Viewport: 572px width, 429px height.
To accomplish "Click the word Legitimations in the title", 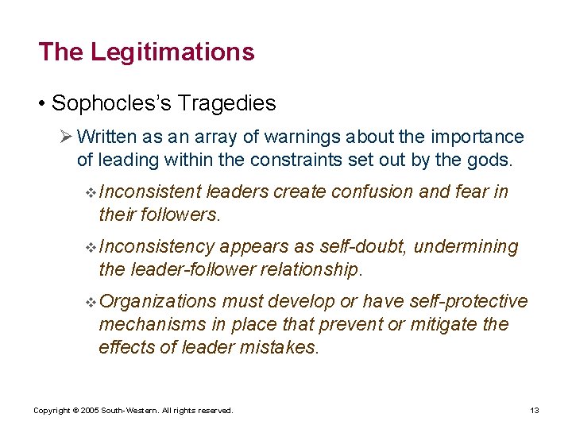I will [x=172, y=52].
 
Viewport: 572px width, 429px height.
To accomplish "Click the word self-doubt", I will [x=366, y=247].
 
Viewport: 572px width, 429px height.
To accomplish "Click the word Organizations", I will [x=158, y=301].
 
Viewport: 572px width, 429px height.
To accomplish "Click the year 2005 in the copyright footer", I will [x=90, y=411].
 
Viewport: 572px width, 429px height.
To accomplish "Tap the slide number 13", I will [x=534, y=411].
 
